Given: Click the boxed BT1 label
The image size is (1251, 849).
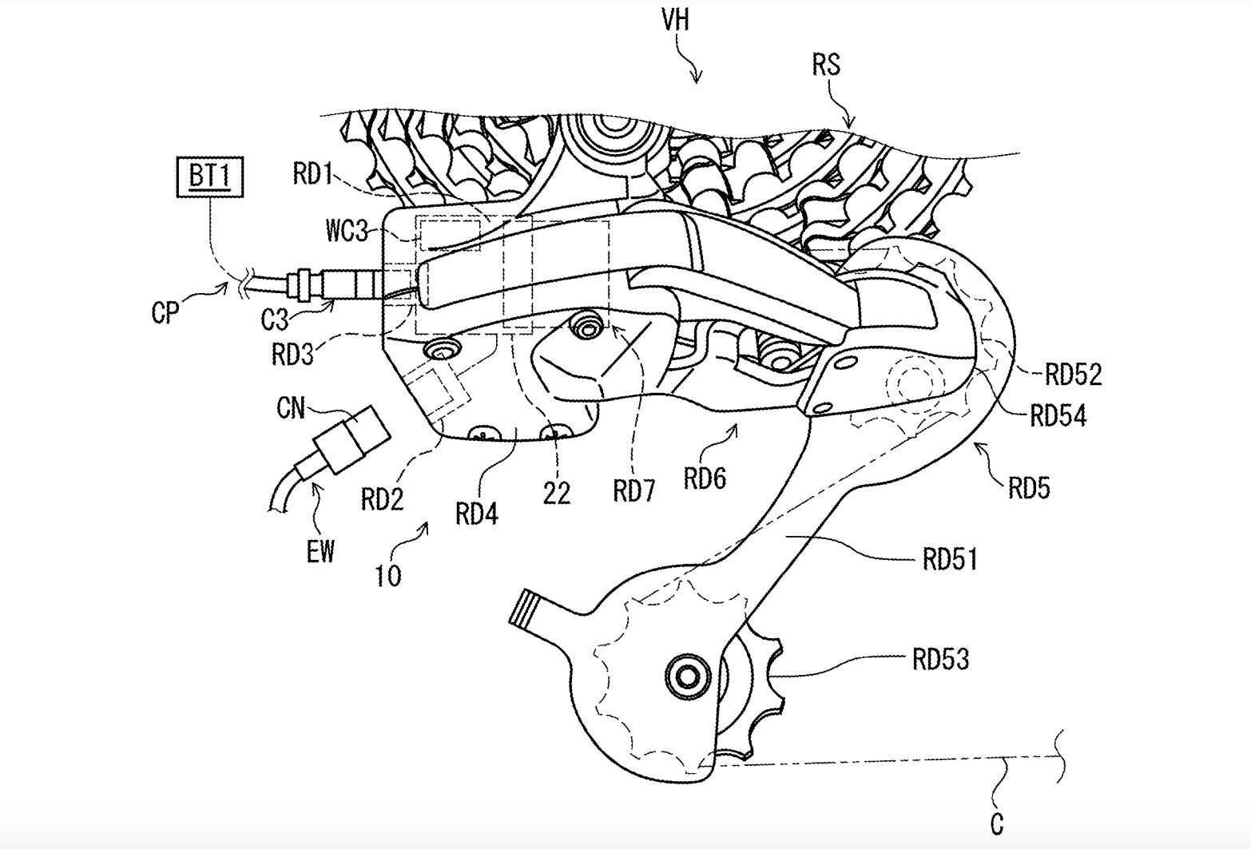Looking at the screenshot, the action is coord(210,177).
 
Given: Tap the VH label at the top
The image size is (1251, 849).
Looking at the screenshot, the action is coord(676,19).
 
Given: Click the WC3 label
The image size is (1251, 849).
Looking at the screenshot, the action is coord(347,231).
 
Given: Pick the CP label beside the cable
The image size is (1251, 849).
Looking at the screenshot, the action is coord(165,312).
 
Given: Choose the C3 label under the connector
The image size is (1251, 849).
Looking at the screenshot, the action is coord(275,319).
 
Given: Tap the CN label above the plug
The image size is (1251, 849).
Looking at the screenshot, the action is coord(291,409).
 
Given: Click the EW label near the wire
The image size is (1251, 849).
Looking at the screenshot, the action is coord(320,551).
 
